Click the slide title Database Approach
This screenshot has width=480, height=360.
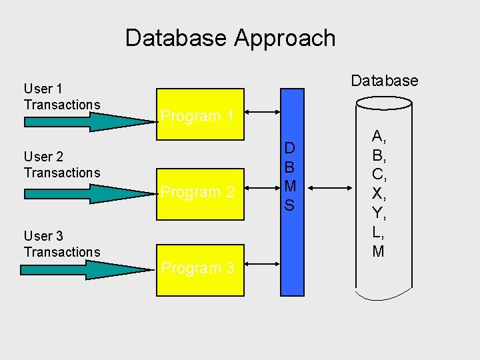point(230,38)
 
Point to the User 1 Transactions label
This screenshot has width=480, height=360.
point(61,97)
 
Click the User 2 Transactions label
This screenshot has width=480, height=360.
point(61,165)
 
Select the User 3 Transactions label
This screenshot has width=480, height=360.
point(61,244)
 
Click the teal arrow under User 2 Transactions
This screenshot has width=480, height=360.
point(87,193)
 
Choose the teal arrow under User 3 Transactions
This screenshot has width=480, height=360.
point(87,270)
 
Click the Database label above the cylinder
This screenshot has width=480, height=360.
point(384,81)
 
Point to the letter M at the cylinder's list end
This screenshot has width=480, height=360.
point(378,251)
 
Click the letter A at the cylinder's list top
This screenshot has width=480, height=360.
point(378,137)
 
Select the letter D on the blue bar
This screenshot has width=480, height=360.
point(289,148)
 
